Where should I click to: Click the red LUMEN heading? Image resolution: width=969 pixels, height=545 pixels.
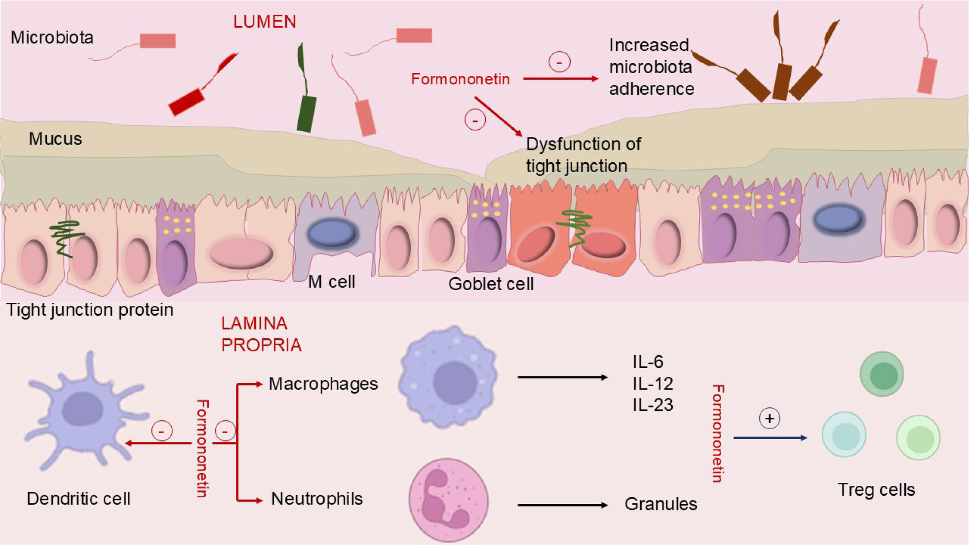click(x=265, y=22)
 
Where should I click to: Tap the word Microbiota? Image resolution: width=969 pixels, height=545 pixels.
click(x=52, y=37)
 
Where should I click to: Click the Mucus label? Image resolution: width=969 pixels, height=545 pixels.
click(x=55, y=139)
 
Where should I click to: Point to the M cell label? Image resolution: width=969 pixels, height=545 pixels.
click(x=331, y=282)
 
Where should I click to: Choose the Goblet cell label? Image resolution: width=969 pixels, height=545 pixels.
click(x=491, y=284)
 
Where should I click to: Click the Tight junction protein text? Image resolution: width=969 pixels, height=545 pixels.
click(x=90, y=310)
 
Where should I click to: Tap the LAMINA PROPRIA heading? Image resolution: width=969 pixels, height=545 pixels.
click(x=261, y=334)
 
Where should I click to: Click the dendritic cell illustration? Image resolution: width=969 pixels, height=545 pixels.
click(x=84, y=409)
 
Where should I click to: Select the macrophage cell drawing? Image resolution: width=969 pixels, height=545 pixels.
click(x=448, y=377)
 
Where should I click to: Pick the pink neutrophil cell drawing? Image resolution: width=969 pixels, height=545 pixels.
click(x=448, y=499)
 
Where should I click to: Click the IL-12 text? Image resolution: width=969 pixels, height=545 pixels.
click(x=653, y=383)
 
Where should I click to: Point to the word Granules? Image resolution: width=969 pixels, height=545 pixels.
click(x=660, y=504)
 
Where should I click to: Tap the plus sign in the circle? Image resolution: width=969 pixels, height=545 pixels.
click(x=769, y=418)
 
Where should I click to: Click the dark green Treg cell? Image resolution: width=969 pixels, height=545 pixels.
click(x=882, y=374)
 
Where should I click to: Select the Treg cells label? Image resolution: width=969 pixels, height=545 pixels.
click(x=876, y=490)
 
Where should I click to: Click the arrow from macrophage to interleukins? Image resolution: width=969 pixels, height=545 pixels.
click(x=562, y=377)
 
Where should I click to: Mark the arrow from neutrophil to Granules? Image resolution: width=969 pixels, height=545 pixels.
click(x=562, y=505)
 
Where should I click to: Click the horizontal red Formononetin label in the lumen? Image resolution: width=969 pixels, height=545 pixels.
click(x=460, y=79)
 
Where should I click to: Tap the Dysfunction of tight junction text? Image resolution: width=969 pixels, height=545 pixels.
click(x=583, y=155)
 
